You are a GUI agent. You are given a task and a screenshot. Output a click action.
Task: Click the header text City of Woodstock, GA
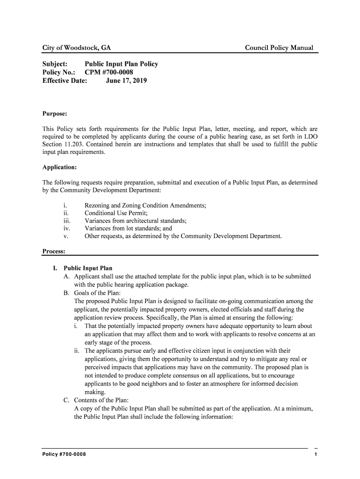coord(77,48)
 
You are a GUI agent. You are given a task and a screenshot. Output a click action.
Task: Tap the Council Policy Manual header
coord(279,48)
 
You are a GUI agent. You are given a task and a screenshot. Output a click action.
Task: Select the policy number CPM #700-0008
coord(108,72)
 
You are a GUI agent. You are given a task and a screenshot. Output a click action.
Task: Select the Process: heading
coord(53,252)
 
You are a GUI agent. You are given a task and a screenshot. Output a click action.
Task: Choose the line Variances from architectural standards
coord(136,221)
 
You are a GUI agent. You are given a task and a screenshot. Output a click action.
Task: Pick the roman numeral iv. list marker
coord(66,229)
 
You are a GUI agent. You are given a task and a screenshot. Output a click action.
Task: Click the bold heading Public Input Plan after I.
coord(88,269)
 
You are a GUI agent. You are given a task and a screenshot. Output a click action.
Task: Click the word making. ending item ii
coord(95,392)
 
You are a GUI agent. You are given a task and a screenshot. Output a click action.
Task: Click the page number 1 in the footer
coord(316,455)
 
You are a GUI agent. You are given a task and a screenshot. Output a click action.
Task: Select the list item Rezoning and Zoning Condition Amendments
coord(145,205)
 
